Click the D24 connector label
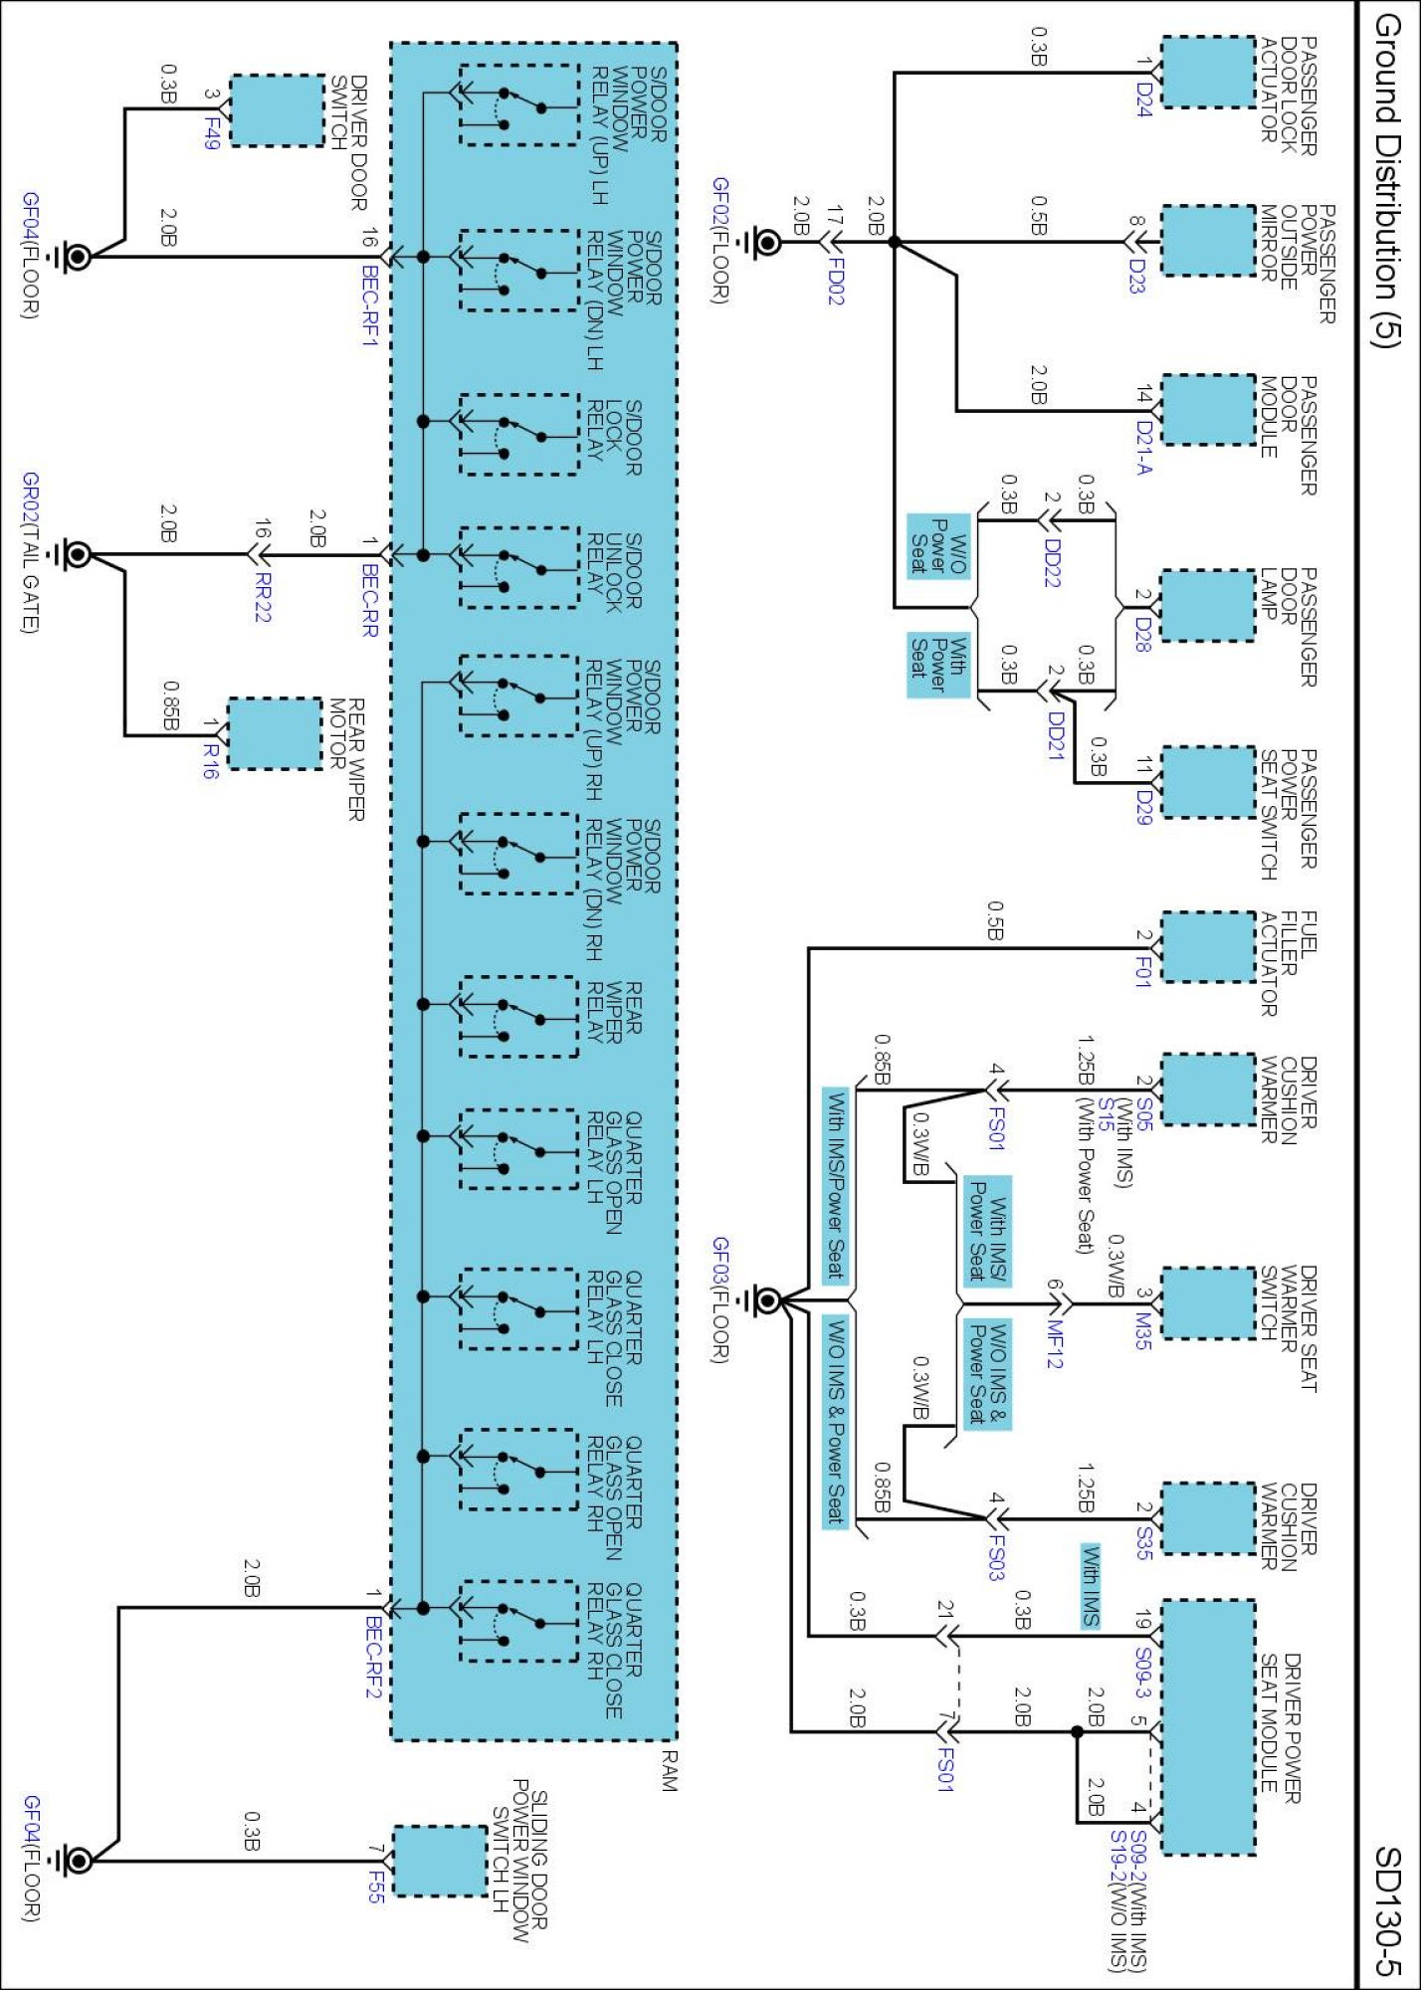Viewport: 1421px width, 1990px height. click(1143, 99)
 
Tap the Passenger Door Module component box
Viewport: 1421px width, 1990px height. click(1208, 410)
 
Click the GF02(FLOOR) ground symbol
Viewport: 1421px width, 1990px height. click(765, 242)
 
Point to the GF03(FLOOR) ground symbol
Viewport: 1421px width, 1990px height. click(765, 1299)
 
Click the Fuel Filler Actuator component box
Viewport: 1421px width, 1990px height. click(1208, 947)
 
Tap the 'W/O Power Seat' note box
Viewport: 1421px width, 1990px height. click(938, 546)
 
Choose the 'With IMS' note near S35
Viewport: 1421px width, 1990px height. click(1091, 1586)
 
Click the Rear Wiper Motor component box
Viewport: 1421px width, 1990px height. click(276, 733)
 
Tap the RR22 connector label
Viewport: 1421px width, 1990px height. click(261, 597)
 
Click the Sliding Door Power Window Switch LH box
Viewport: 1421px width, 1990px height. click(440, 1861)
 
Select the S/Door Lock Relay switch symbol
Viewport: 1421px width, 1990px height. click(518, 435)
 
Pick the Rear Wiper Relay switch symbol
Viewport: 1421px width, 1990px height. click(518, 1017)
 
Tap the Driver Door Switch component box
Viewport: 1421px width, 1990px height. click(278, 110)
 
